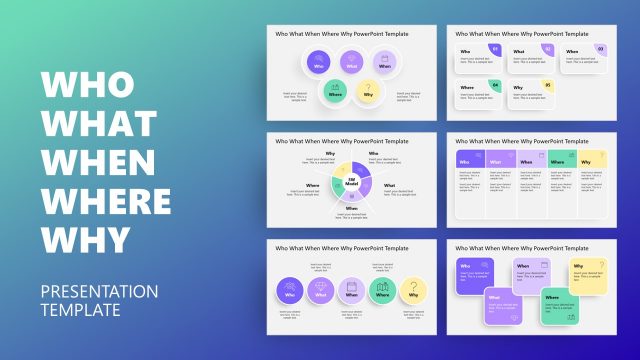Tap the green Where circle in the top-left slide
[x=337, y=93]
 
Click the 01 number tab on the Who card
[x=494, y=48]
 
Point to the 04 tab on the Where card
[x=494, y=85]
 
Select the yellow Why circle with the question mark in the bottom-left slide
[x=413, y=291]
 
